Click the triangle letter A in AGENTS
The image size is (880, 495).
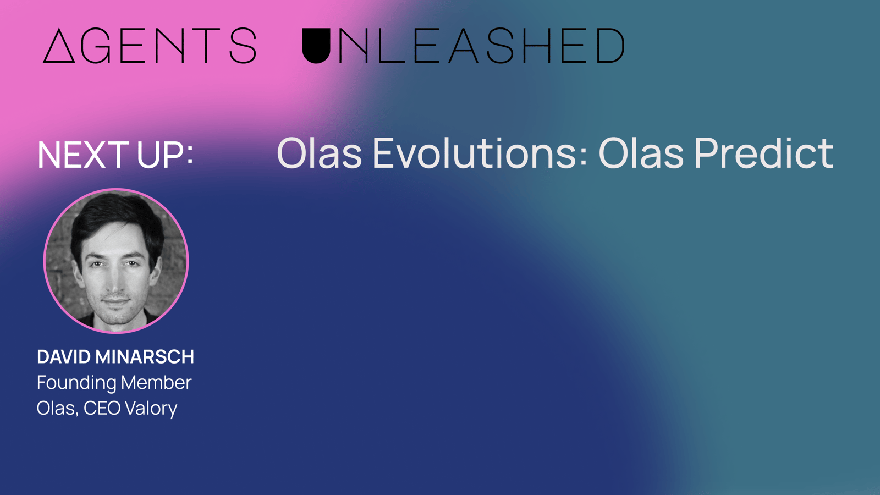[x=59, y=46]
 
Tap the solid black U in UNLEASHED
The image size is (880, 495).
[x=316, y=46]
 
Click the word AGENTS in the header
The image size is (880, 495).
[x=150, y=46]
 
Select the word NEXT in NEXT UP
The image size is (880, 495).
[x=83, y=155]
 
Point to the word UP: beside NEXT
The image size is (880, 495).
[x=165, y=155]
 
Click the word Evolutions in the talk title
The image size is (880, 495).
[x=480, y=153]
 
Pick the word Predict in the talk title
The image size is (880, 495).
[x=764, y=153]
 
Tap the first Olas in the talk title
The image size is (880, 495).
[x=320, y=153]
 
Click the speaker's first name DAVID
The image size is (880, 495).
[x=64, y=357]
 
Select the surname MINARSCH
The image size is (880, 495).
[x=145, y=357]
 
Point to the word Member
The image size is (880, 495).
[x=156, y=383]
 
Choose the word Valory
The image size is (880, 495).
[x=151, y=409]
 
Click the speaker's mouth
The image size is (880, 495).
[x=116, y=302]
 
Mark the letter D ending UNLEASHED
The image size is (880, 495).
[x=610, y=46]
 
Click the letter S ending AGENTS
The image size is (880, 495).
[x=243, y=46]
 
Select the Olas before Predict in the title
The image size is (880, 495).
[x=641, y=153]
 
